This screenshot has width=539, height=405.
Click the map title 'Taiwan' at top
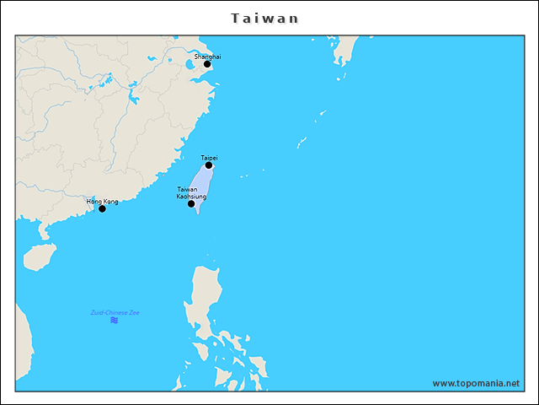(264, 18)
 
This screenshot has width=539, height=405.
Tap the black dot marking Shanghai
(207, 64)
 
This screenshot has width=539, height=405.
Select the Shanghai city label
(207, 57)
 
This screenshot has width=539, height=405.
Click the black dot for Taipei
(209, 165)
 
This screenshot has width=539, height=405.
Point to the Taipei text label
(209, 158)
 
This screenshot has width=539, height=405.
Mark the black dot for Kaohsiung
(191, 204)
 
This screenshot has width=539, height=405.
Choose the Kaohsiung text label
(191, 197)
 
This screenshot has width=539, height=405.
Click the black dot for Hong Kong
(102, 208)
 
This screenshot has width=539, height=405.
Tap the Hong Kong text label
(102, 202)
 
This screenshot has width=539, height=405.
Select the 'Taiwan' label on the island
(187, 190)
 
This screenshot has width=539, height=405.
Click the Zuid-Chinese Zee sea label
(115, 313)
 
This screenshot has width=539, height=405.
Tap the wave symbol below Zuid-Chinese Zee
(114, 321)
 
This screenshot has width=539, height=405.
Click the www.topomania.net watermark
(476, 383)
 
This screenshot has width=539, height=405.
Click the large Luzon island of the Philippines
(204, 295)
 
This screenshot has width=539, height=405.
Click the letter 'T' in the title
(235, 18)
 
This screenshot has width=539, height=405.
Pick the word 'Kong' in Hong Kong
(110, 202)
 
